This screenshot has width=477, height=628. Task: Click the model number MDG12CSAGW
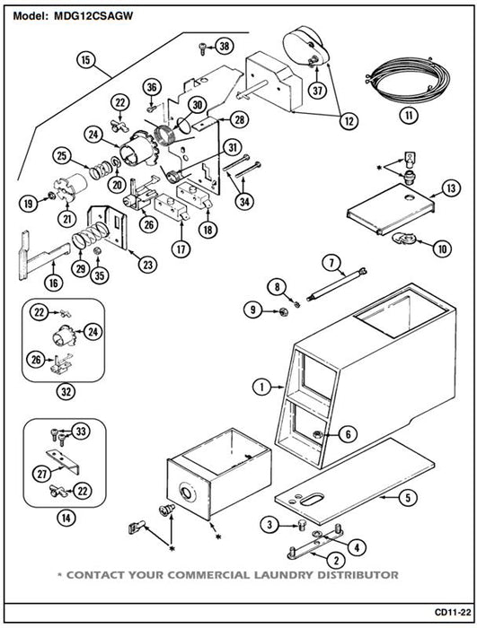[93, 16]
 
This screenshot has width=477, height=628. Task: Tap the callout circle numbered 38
[225, 46]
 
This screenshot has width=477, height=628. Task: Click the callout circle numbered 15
[86, 60]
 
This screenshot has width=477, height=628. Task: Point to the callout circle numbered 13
[451, 188]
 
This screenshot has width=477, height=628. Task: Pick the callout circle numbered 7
[331, 263]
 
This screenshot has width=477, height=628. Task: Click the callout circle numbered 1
[262, 387]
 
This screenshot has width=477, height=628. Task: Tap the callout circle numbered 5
[408, 498]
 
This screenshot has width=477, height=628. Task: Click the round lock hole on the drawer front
[188, 493]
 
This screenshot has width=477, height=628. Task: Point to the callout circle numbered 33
[81, 432]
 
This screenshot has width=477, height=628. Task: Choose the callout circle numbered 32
[66, 391]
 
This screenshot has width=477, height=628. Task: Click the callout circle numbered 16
[53, 283]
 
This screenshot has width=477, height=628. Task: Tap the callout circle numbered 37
[317, 91]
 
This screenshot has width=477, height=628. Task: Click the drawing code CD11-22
[453, 613]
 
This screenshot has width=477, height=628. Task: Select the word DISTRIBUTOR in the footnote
[358, 575]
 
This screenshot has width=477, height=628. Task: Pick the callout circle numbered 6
[348, 433]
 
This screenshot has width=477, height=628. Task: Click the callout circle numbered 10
[443, 249]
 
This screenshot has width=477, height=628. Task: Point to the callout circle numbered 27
[42, 475]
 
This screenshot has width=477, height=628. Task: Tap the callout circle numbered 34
[244, 202]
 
